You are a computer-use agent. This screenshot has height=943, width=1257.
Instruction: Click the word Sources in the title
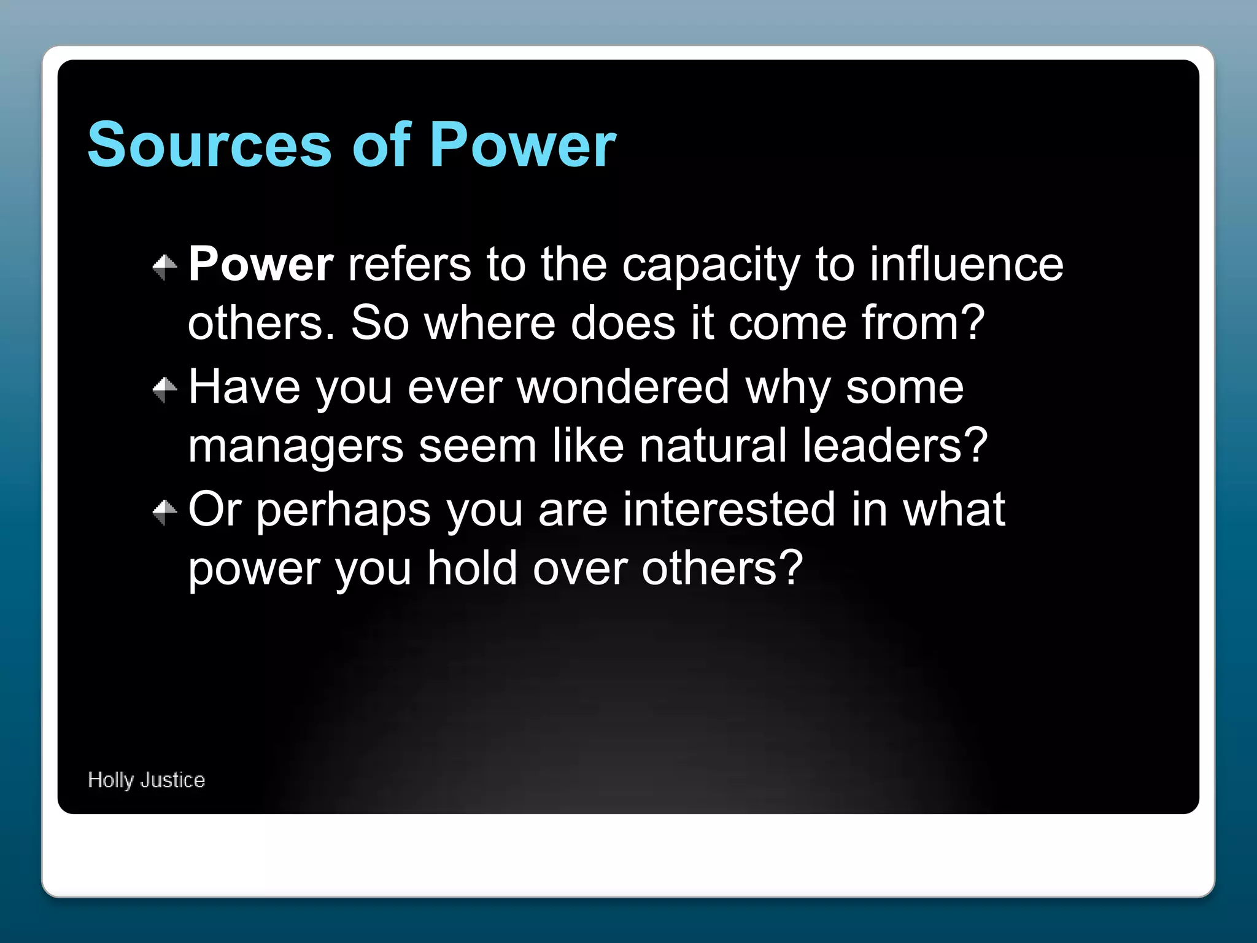click(209, 145)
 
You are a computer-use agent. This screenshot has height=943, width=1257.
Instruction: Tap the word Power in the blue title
click(522, 145)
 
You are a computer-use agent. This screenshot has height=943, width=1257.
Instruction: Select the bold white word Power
click(261, 265)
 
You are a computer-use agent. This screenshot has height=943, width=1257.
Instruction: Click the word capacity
click(711, 266)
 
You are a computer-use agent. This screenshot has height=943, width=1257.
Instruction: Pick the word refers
click(409, 265)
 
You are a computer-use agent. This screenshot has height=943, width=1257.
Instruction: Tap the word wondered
click(623, 387)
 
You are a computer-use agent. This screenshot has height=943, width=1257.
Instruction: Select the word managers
click(295, 447)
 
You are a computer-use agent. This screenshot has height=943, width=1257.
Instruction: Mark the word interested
click(729, 509)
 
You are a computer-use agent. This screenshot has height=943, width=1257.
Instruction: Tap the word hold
click(473, 568)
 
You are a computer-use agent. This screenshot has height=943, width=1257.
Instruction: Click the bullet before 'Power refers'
click(164, 266)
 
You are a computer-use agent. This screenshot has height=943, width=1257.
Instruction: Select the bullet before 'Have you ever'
click(164, 389)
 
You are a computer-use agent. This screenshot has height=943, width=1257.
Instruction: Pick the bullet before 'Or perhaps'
click(164, 511)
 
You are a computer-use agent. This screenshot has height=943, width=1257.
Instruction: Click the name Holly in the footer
click(110, 780)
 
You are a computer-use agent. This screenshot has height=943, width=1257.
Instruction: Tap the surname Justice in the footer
click(172, 780)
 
